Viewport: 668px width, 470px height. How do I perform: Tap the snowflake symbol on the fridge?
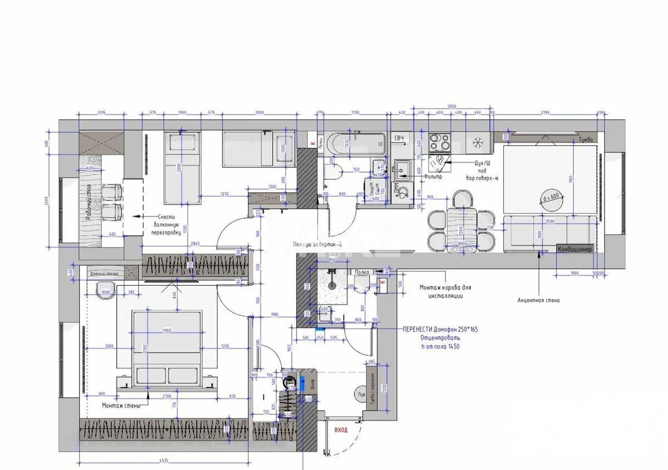point(477,143)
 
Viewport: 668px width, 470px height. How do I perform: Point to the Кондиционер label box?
point(575,249)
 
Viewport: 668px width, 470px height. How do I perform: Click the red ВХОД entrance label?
point(341,430)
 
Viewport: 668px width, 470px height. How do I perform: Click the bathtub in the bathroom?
point(356,145)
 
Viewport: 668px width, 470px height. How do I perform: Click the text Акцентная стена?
point(538,300)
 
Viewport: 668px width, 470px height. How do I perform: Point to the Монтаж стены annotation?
point(121,406)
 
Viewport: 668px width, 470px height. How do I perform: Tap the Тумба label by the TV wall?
point(585,139)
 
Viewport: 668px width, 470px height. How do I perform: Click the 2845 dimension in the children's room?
point(195,244)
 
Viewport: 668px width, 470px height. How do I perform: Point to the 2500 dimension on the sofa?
point(549,222)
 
